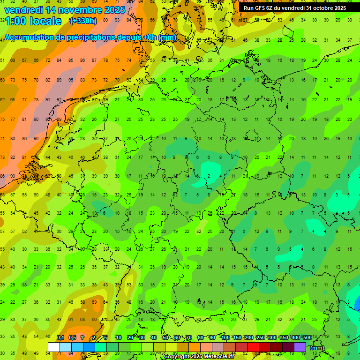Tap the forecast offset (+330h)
click(83, 21)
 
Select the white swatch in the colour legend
click(53, 347)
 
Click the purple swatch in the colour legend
click(300, 347)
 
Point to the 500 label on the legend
click(307, 337)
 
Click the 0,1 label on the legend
click(60, 337)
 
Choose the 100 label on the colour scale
click(225, 337)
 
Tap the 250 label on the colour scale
click(260, 337)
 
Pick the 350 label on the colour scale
click(284, 337)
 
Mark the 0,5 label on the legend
click(72, 337)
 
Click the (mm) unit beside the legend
click(317, 347)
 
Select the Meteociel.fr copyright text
click(199, 356)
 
